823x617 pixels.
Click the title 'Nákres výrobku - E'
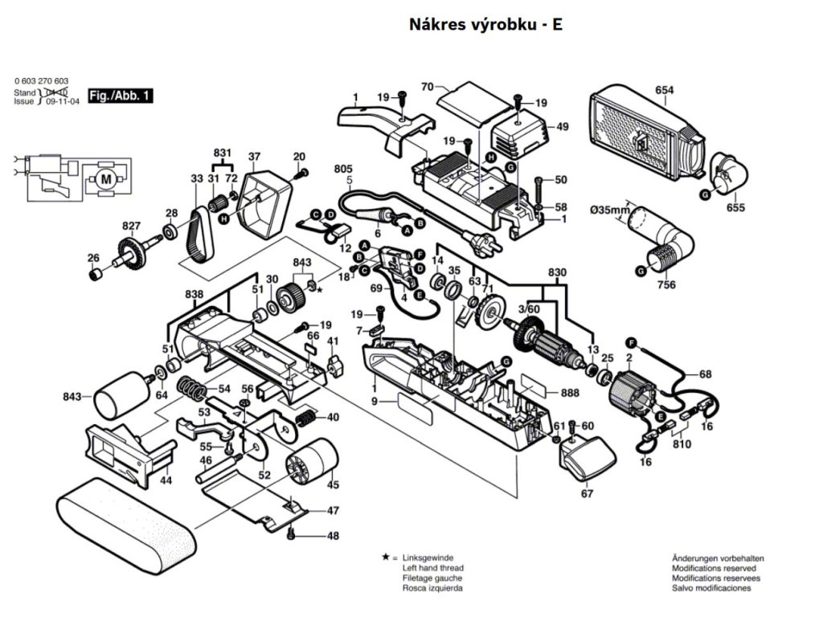pyautogui.click(x=485, y=24)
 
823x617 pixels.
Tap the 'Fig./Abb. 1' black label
pyautogui.click(x=120, y=96)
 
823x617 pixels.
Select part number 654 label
pyautogui.click(x=664, y=91)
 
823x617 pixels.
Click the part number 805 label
pyautogui.click(x=343, y=169)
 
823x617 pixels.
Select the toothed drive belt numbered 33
pyautogui.click(x=199, y=233)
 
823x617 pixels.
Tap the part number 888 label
pyautogui.click(x=569, y=392)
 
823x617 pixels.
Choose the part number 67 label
pyautogui.click(x=587, y=493)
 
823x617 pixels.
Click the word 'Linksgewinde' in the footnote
pyautogui.click(x=428, y=558)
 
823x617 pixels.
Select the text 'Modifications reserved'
pyautogui.click(x=714, y=568)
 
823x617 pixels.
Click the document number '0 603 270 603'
pyautogui.click(x=42, y=82)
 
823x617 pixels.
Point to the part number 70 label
pyautogui.click(x=428, y=86)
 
